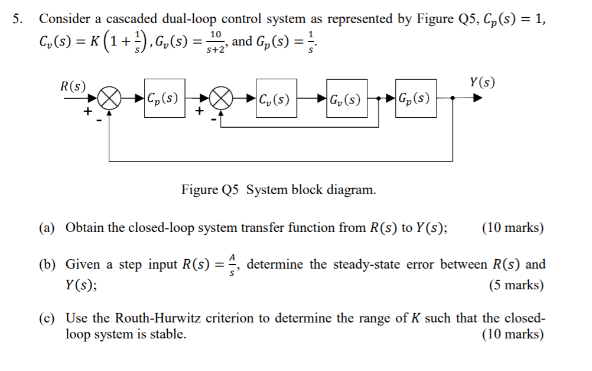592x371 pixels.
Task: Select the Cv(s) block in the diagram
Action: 274,98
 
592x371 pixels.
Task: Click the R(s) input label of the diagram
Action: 73,86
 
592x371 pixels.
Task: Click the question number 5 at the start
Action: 19,18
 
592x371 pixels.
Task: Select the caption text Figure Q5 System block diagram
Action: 278,190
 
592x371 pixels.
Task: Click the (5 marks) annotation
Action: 516,285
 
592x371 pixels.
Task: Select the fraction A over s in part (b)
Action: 233,264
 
